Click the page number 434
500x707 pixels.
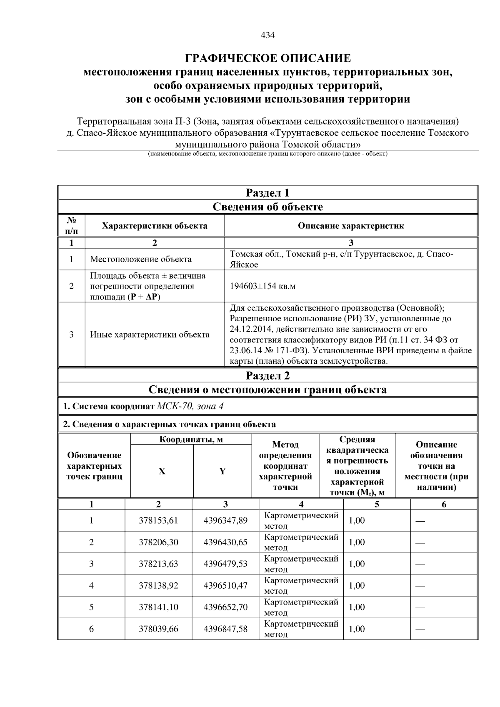(x=267, y=35)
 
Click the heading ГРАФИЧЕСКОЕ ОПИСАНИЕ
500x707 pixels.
(x=267, y=58)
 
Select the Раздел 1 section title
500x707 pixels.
(x=267, y=193)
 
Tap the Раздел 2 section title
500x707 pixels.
(x=267, y=376)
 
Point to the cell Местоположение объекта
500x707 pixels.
(x=141, y=259)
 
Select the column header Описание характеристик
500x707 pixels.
(x=351, y=226)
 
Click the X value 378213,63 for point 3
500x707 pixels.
(x=158, y=564)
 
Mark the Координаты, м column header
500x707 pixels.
(x=191, y=440)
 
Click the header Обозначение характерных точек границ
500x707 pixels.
(x=94, y=466)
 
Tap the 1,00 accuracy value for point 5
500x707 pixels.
(x=357, y=607)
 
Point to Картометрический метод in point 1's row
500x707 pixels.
(x=301, y=520)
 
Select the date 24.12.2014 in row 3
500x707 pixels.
(x=248, y=329)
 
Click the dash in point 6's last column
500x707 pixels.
(x=420, y=629)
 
